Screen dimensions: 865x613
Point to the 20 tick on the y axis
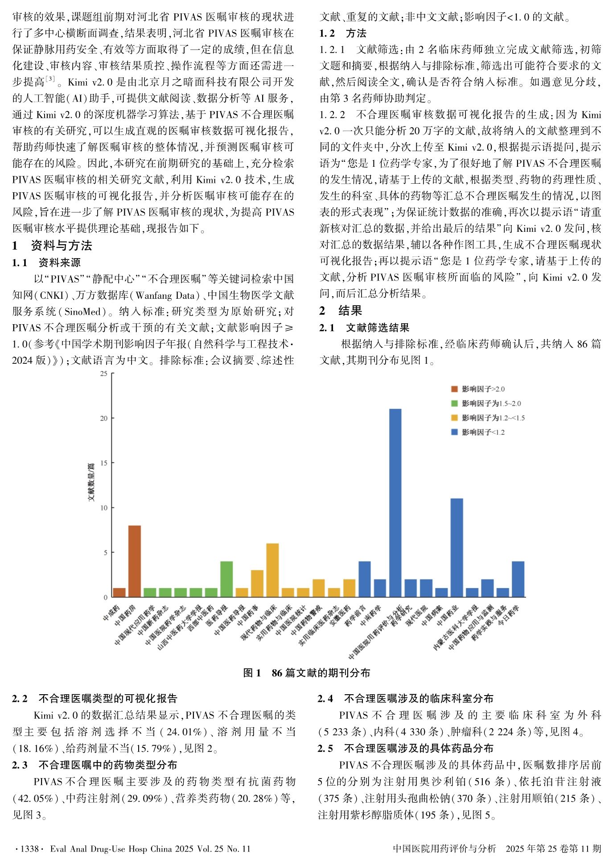pos(104,418)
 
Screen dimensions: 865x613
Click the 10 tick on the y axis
pos(104,508)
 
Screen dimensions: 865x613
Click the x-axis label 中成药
pos(112,613)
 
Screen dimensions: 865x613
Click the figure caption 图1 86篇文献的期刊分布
pos(306,673)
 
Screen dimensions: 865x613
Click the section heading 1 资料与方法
pos(52,245)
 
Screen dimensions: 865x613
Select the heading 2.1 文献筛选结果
pos(364,328)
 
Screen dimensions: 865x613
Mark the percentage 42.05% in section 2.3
pos(36,798)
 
